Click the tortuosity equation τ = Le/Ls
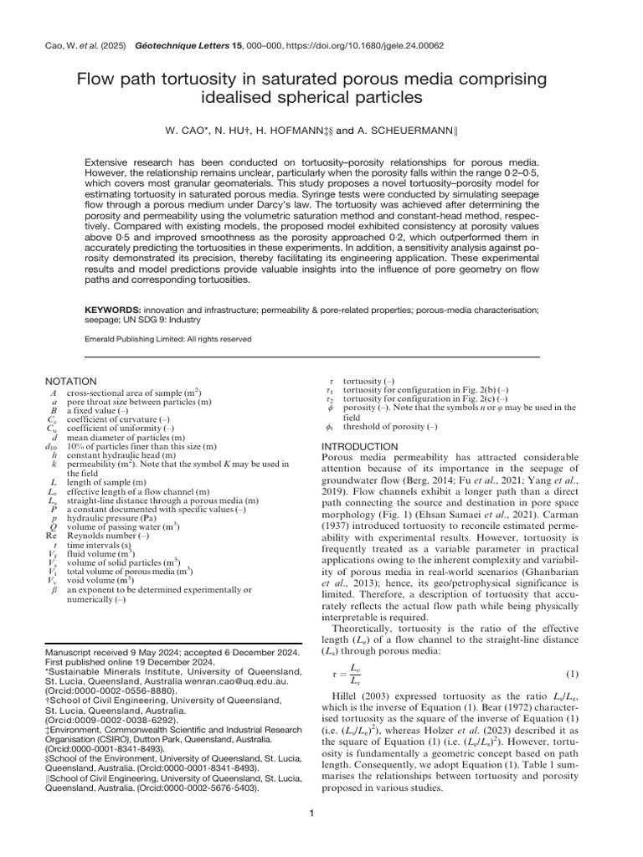tap(343, 675)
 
